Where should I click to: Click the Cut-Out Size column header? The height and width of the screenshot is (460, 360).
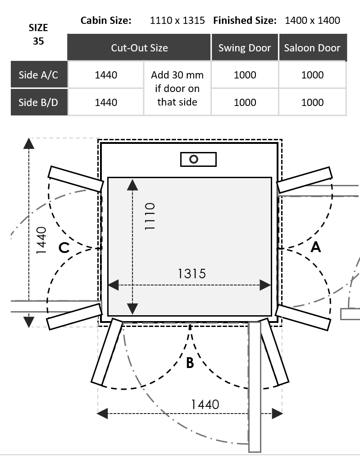[139, 48]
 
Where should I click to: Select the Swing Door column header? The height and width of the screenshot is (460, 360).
[245, 48]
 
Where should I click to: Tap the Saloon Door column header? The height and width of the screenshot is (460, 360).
[312, 48]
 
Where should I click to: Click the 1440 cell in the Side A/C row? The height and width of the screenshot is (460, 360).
[106, 75]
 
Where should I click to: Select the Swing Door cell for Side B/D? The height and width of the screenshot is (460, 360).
[245, 102]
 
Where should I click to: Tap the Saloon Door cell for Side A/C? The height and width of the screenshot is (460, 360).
[312, 75]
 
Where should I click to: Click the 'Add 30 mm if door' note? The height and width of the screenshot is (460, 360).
[177, 88]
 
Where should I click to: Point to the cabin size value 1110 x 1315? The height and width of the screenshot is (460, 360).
[177, 20]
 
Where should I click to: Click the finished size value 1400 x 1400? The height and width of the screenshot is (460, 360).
[312, 20]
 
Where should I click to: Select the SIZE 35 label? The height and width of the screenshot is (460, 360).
[38, 34]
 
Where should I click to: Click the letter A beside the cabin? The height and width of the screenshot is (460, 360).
[315, 247]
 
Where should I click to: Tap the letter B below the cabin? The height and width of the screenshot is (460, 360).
[190, 363]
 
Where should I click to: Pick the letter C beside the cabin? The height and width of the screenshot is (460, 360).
[64, 248]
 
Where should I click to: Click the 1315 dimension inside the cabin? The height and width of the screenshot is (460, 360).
[191, 273]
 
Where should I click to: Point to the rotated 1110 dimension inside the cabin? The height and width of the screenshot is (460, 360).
[150, 216]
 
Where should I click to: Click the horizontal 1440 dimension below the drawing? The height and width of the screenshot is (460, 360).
[205, 404]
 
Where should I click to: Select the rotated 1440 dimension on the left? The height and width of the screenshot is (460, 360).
[41, 240]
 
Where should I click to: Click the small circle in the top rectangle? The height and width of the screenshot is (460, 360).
[194, 159]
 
